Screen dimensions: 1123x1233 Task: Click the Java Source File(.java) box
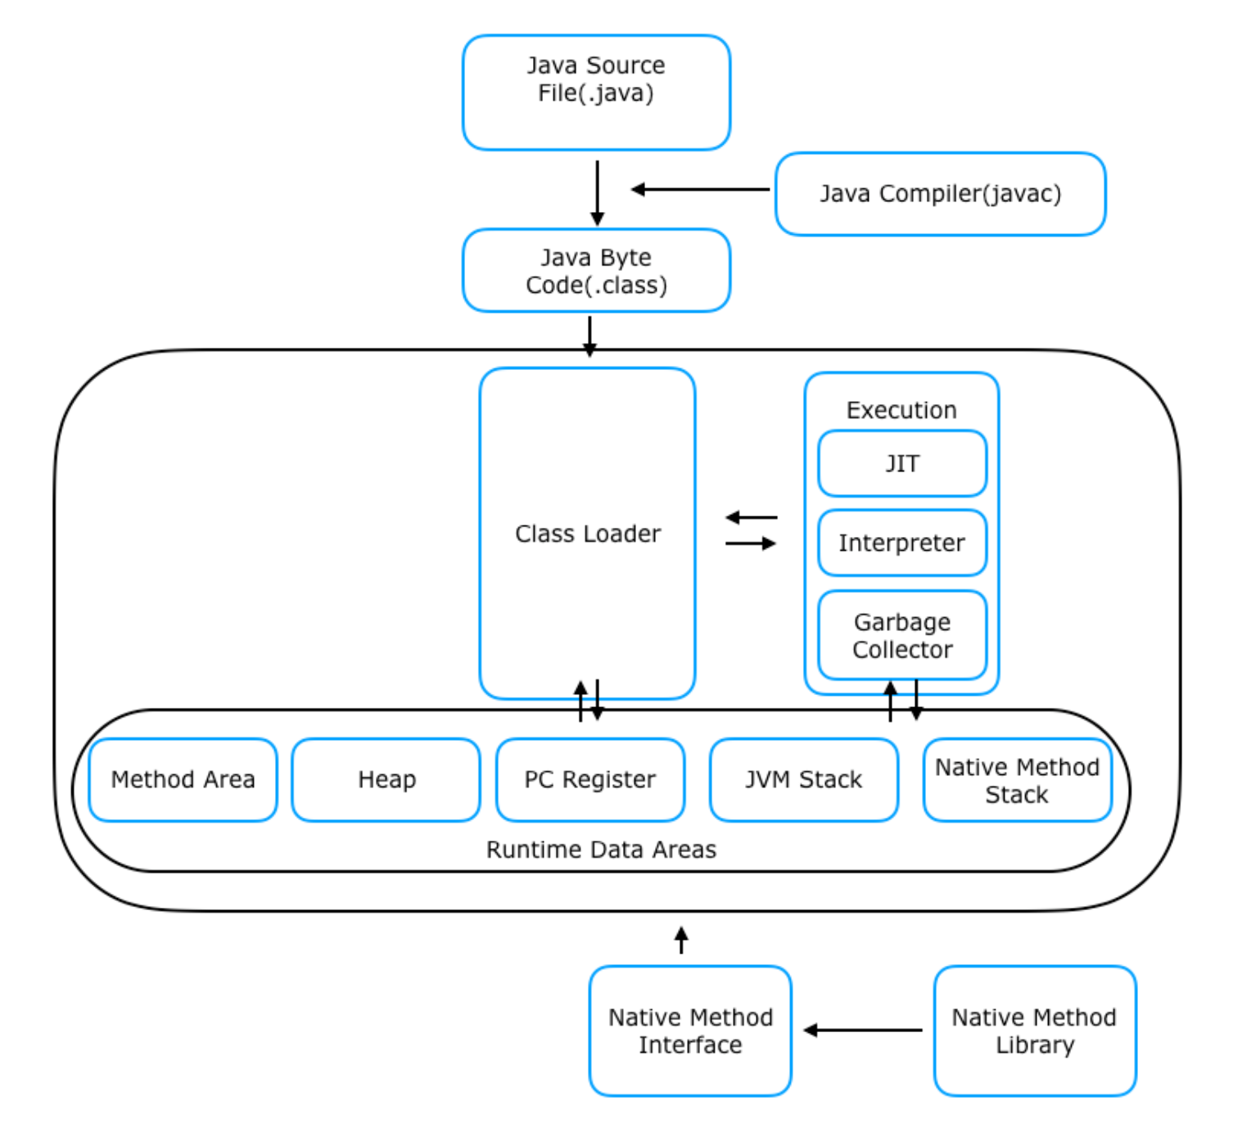pyautogui.click(x=596, y=92)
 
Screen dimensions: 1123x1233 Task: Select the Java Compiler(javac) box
pyautogui.click(x=940, y=194)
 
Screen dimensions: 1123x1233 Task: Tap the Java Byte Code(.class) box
pyautogui.click(x=596, y=271)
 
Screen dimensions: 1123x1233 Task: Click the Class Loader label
pyautogui.click(x=587, y=534)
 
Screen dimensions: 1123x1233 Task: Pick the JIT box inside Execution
pyautogui.click(x=901, y=464)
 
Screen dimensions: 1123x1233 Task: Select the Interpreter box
pyautogui.click(x=901, y=543)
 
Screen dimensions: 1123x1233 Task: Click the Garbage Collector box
pyautogui.click(x=901, y=635)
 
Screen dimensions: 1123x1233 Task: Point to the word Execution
pyautogui.click(x=901, y=410)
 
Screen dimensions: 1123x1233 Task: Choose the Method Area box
pyautogui.click(x=183, y=779)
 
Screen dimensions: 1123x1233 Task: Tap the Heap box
pyautogui.click(x=386, y=779)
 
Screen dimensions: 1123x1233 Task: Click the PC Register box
pyautogui.click(x=589, y=779)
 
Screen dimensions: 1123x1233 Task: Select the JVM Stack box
pyautogui.click(x=803, y=779)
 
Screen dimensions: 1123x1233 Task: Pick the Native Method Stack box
pyautogui.click(x=1017, y=780)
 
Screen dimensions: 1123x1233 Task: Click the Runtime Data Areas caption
pyautogui.click(x=601, y=850)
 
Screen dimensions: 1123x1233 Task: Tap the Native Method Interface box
pyautogui.click(x=690, y=1031)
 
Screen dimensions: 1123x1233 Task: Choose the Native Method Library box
pyautogui.click(x=1034, y=1031)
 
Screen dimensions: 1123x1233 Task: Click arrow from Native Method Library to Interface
pyautogui.click(x=863, y=1031)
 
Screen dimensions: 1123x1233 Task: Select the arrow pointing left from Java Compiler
pyautogui.click(x=700, y=190)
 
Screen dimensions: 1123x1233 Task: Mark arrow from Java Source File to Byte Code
pyautogui.click(x=598, y=192)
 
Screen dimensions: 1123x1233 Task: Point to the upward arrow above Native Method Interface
pyautogui.click(x=681, y=940)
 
